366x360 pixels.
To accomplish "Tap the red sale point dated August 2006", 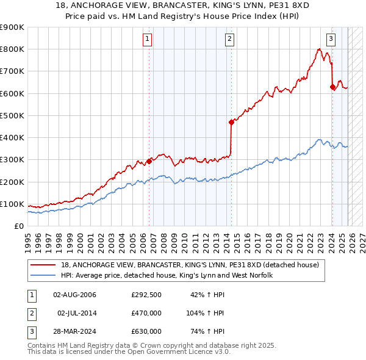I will pyautogui.click(x=149, y=162).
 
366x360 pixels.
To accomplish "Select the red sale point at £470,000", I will pyautogui.click(x=231, y=122).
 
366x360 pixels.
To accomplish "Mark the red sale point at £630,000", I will pyautogui.click(x=332, y=87).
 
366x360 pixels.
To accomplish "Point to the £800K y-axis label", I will pyautogui.click(x=12, y=49).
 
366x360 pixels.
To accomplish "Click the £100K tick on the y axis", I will pyautogui.click(x=12, y=204).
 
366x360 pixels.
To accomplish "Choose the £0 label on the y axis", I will pyautogui.click(x=18, y=226).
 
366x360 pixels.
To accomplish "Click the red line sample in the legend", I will pyautogui.click(x=43, y=265).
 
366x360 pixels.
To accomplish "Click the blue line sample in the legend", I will pyautogui.click(x=43, y=276).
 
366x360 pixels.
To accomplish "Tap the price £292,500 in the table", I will pyautogui.click(x=146, y=295).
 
